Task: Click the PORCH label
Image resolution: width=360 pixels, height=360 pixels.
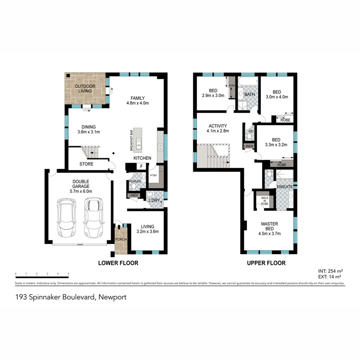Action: click(121, 239)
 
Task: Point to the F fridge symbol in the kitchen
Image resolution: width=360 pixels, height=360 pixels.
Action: click(142, 166)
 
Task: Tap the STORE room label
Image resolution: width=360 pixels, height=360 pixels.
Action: click(87, 164)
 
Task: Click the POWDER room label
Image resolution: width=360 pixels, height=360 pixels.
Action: click(134, 181)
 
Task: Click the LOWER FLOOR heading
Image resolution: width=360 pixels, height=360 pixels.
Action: click(118, 263)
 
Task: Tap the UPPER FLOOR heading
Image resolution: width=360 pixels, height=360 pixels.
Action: click(267, 263)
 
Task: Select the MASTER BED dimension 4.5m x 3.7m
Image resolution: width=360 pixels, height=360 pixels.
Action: click(270, 233)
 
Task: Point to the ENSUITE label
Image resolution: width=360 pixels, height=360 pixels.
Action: click(285, 187)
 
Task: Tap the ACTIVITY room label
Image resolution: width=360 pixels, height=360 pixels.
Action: click(218, 126)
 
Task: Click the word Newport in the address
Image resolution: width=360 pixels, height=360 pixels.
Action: click(112, 297)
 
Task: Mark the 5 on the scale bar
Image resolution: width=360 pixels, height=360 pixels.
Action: click(68, 274)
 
